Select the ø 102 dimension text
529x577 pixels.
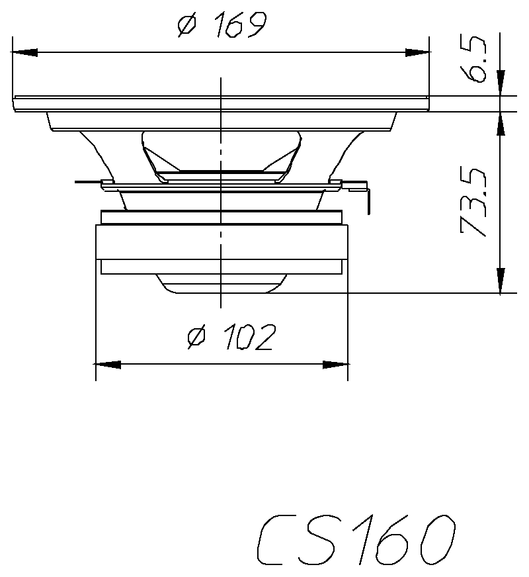tap(230, 338)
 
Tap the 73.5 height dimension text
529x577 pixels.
tap(474, 202)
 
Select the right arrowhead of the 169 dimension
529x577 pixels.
tap(417, 52)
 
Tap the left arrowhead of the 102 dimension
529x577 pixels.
tap(109, 365)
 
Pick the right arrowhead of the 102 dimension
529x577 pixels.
tap(335, 365)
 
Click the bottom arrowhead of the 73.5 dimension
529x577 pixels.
tap(501, 281)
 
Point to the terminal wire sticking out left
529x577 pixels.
tap(88, 181)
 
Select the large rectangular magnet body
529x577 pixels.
tap(222, 242)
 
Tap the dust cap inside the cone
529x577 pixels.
tap(221, 152)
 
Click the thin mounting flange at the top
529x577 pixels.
tap(222, 103)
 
